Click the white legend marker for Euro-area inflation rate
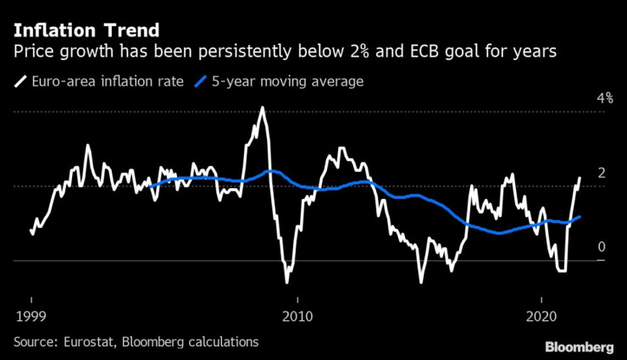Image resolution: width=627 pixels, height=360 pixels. [19, 82]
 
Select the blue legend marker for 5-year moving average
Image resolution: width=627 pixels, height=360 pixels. [202, 82]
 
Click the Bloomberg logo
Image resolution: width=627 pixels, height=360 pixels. [580, 347]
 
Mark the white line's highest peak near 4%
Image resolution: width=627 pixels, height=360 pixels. [262, 108]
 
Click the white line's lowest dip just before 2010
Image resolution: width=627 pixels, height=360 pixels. [286, 282]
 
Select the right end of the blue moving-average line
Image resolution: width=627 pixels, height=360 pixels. [580, 217]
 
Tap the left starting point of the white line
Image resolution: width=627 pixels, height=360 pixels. [31, 229]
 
